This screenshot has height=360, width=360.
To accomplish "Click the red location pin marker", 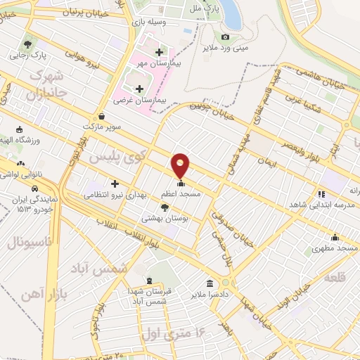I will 181,166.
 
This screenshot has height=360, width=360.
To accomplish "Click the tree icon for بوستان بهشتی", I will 165,207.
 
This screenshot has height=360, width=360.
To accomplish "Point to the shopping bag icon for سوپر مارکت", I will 103,117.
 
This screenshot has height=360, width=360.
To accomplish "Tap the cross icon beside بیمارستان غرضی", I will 139,89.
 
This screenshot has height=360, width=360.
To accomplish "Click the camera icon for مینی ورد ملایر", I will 225,37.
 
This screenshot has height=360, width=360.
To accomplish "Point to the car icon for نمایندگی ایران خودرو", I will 34,188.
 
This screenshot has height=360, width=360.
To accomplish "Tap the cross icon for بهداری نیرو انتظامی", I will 115,183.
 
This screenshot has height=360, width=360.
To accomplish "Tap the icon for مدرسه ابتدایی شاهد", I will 321,194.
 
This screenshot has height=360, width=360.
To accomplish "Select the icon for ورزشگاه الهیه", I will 19,130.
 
